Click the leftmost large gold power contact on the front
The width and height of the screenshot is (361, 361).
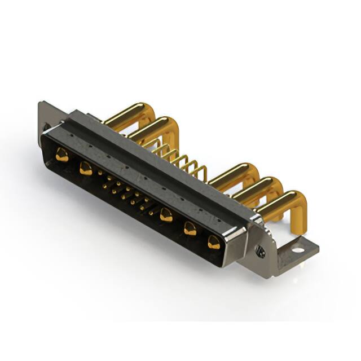coord(62,155)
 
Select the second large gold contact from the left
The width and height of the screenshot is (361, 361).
coord(86,168)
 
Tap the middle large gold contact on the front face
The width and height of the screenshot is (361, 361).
coord(166,214)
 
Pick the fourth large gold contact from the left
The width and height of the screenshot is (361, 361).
coord(190,228)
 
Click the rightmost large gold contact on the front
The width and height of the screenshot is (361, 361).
coord(214,243)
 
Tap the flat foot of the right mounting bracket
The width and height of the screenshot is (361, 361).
coord(299,248)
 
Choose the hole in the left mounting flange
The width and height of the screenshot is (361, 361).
coord(46,127)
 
